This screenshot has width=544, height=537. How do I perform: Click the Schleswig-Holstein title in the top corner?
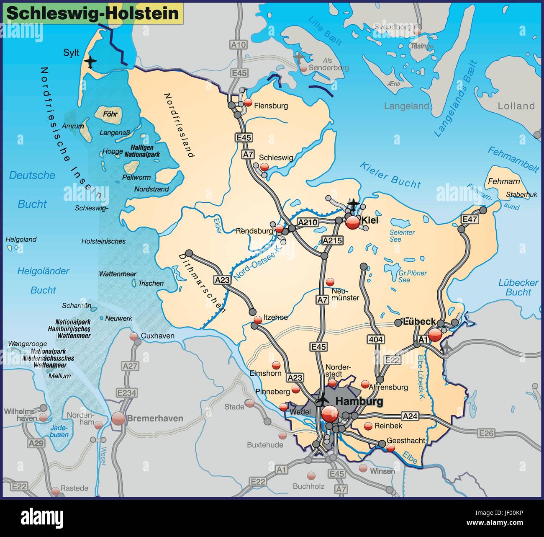tap(93, 13)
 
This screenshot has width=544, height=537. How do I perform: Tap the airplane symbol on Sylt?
tap(90, 62)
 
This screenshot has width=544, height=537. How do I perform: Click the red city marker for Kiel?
tap(353, 222)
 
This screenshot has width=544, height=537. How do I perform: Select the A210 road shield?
tap(308, 222)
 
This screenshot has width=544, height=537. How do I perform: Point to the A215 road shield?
tap(332, 240)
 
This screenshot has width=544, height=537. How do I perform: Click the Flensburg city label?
tap(271, 106)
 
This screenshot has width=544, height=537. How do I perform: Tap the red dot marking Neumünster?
tap(331, 281)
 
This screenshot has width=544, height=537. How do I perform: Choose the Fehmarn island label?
tap(504, 181)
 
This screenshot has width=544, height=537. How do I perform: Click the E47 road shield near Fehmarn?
tap(469, 219)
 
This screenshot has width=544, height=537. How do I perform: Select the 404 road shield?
tap(376, 340)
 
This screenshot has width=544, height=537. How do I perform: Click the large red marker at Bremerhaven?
tap(118, 418)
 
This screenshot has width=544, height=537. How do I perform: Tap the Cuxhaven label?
tap(157, 336)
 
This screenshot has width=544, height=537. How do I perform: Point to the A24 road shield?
tap(410, 416)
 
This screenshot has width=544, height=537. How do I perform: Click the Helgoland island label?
tap(21, 240)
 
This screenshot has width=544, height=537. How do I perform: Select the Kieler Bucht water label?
tap(390, 175)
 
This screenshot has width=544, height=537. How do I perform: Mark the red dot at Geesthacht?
tap(390, 448)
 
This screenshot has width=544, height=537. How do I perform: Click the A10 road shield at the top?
tap(239, 44)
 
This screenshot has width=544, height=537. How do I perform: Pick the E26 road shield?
tap(486, 433)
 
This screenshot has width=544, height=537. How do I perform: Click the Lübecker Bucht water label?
tap(518, 287)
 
